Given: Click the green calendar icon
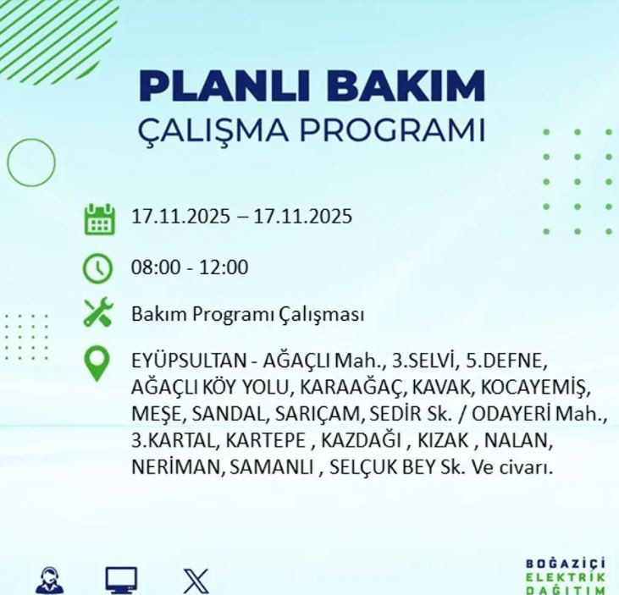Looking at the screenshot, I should click(99, 218).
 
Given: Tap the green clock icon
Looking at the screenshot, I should click(98, 268).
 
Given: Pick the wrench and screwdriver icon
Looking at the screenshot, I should click(98, 314).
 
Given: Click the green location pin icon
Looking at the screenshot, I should click(98, 364).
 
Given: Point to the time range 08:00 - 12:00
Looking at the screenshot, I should click(190, 268).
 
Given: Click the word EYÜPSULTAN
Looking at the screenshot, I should click(187, 361).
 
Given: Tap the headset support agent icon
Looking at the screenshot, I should click(50, 581).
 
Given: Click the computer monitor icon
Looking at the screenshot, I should click(121, 581).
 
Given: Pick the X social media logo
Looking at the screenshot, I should click(196, 581).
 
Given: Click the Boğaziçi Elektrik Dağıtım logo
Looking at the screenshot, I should click(566, 576).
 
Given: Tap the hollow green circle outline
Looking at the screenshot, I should click(31, 162).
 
